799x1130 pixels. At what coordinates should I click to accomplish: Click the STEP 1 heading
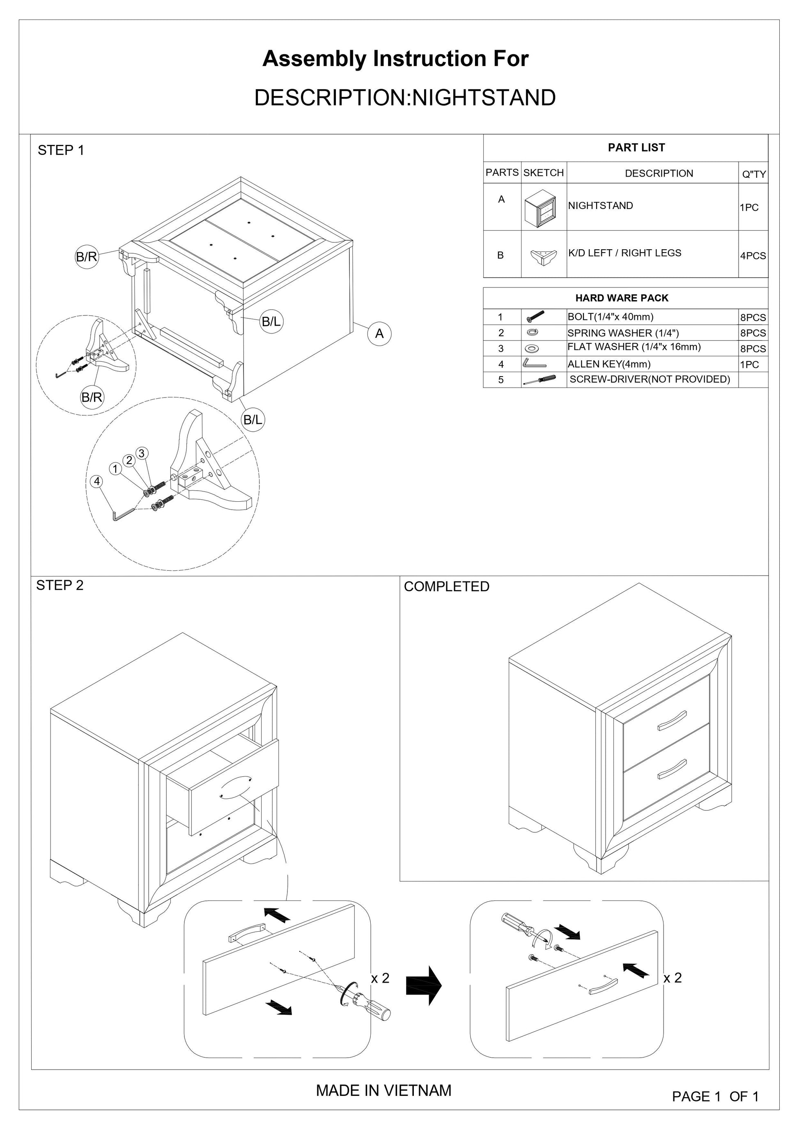[x=61, y=150]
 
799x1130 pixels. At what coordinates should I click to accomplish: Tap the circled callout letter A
[x=379, y=334]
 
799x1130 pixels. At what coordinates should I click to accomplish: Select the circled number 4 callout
[x=97, y=481]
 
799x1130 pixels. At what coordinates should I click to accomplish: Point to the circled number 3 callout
[x=142, y=453]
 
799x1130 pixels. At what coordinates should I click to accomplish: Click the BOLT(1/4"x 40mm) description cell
[x=611, y=317]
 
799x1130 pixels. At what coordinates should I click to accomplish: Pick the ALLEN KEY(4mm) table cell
[x=609, y=364]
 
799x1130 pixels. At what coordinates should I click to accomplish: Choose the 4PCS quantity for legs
[x=753, y=255]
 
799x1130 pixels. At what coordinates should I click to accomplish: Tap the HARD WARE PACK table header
[x=622, y=298]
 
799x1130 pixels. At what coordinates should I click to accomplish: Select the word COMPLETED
[x=446, y=586]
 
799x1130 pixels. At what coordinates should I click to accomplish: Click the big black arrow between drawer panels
[x=424, y=985]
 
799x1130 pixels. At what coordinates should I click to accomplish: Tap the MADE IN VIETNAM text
[x=383, y=1090]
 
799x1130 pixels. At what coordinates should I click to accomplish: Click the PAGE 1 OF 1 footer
[x=715, y=1096]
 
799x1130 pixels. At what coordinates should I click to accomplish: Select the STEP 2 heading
[x=60, y=585]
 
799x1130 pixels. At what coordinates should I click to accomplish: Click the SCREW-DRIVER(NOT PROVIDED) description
[x=650, y=379]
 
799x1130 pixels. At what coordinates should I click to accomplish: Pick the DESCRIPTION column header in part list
[x=659, y=173]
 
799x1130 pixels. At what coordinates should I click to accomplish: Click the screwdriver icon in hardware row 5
[x=540, y=379]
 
